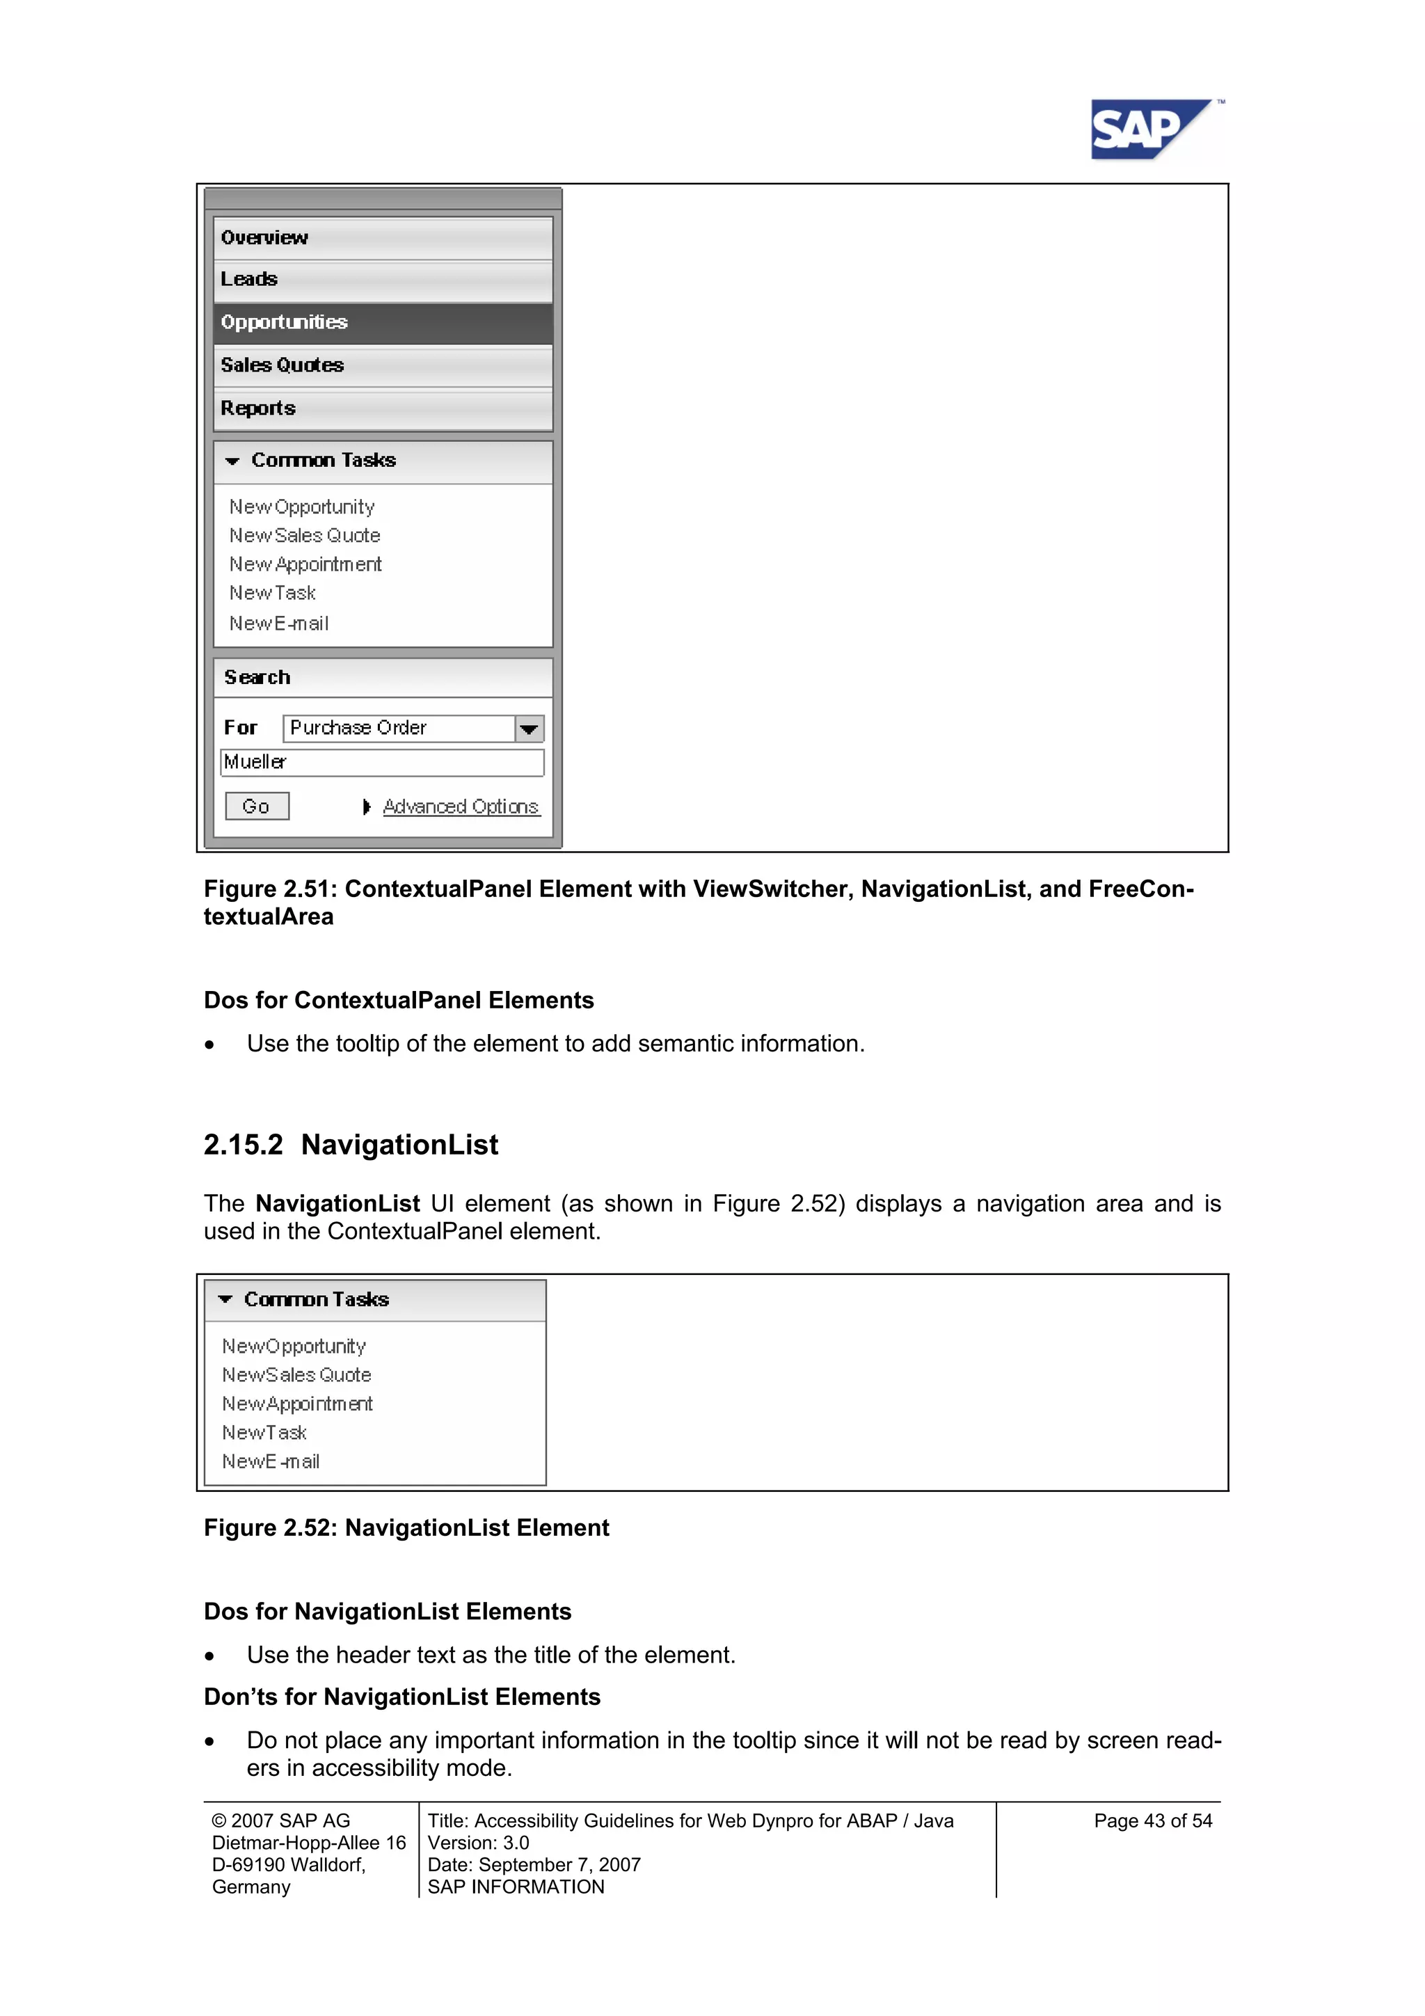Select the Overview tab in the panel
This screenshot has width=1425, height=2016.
(382, 238)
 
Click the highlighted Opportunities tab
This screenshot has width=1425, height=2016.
(382, 322)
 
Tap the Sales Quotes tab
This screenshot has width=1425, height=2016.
(382, 365)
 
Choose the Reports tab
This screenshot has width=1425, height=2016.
(382, 408)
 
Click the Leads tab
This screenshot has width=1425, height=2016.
(382, 279)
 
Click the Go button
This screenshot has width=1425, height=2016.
(256, 806)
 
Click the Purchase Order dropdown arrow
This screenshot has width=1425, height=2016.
(529, 729)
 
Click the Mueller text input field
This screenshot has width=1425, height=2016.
(382, 762)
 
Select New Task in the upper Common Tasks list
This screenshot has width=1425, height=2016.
(272, 594)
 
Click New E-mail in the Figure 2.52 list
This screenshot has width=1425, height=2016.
(271, 1462)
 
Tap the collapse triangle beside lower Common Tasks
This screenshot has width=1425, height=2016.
(225, 1299)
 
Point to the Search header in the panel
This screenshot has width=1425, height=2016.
(257, 678)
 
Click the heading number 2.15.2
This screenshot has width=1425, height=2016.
(244, 1145)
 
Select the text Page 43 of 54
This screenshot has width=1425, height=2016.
(1152, 1821)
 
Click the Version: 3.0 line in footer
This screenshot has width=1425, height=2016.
(479, 1843)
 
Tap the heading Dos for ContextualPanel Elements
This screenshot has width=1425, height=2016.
(399, 1000)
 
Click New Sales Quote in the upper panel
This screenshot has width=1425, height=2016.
(305, 536)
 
